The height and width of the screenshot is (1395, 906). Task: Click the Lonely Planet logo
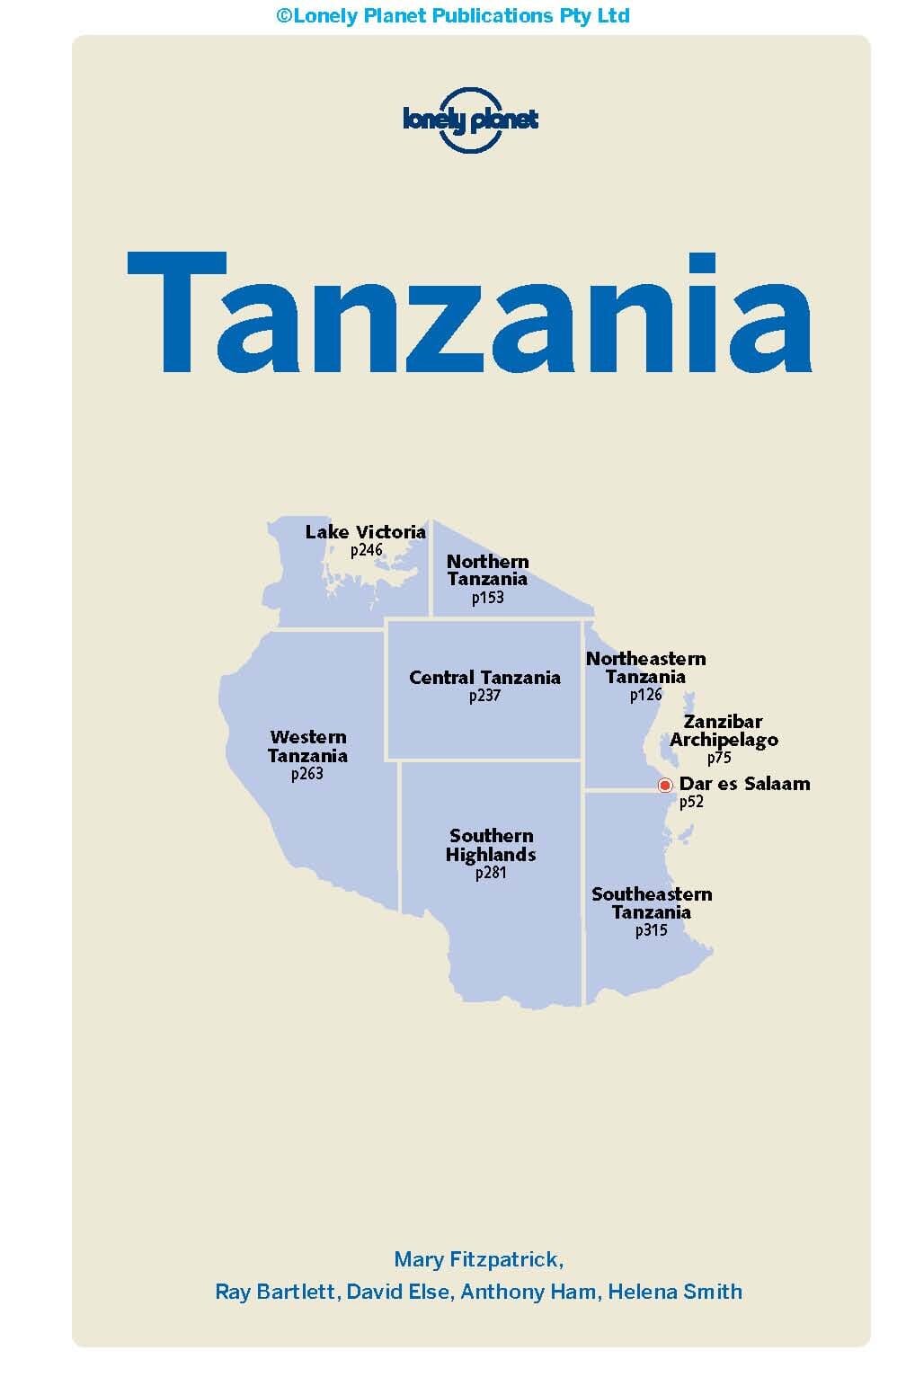pyautogui.click(x=470, y=120)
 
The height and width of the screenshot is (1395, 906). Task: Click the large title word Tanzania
pyautogui.click(x=469, y=313)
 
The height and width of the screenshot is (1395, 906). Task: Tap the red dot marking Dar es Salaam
pyautogui.click(x=665, y=786)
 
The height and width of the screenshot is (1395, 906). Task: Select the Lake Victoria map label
pyautogui.click(x=365, y=532)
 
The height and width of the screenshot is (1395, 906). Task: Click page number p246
pyautogui.click(x=367, y=550)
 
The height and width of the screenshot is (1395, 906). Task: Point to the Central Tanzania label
pyautogui.click(x=484, y=678)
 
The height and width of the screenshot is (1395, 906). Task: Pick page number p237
pyautogui.click(x=484, y=697)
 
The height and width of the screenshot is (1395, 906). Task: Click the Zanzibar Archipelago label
pyautogui.click(x=724, y=731)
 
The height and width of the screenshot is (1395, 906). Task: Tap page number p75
pyautogui.click(x=719, y=758)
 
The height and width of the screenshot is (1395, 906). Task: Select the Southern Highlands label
pyautogui.click(x=491, y=846)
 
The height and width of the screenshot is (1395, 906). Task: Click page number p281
pyautogui.click(x=491, y=873)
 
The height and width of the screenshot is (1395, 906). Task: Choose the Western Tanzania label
pyautogui.click(x=307, y=747)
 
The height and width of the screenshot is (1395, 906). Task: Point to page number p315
pyautogui.click(x=652, y=931)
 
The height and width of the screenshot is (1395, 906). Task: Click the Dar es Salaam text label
pyautogui.click(x=744, y=784)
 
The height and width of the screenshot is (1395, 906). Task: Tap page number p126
pyautogui.click(x=645, y=695)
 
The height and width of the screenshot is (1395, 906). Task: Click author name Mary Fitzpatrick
pyautogui.click(x=478, y=1259)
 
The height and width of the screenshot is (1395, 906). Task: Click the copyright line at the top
pyautogui.click(x=453, y=15)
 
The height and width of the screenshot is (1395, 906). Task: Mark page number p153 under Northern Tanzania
pyautogui.click(x=487, y=598)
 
